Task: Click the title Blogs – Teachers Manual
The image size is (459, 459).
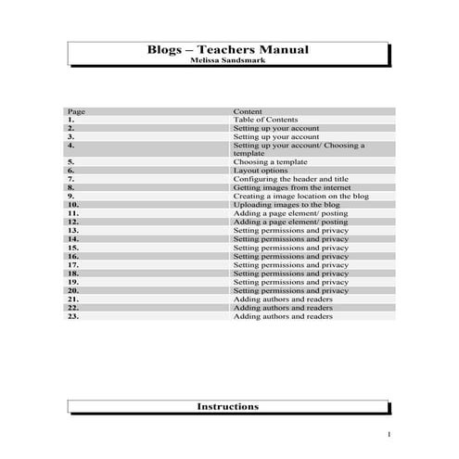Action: click(228, 50)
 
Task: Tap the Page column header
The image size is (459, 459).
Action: click(76, 111)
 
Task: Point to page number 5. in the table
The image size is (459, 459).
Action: click(71, 162)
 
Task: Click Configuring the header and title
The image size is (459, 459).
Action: click(290, 179)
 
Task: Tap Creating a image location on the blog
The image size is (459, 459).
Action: click(300, 197)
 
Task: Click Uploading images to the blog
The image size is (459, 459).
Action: click(287, 205)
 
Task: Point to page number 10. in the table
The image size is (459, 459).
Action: click(73, 205)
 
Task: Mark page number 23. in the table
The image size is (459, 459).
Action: click(73, 316)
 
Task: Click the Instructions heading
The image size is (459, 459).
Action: click(228, 407)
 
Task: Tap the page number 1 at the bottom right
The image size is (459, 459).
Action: click(389, 435)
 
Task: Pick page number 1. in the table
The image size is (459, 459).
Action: click(71, 120)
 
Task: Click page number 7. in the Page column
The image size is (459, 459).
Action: click(71, 179)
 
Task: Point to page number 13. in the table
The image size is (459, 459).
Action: click(73, 231)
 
